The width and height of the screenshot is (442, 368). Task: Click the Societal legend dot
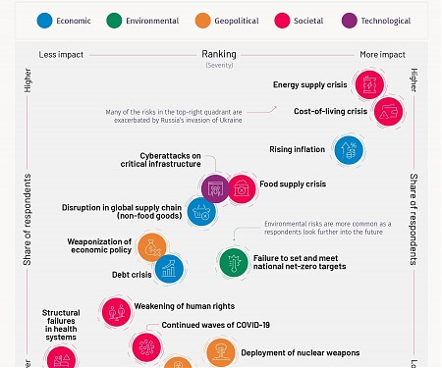pos(301,20)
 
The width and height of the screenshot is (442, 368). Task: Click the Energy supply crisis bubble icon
pos(369,85)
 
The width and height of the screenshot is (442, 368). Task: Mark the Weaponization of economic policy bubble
pos(151,247)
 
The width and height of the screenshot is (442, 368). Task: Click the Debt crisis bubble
pos(169,268)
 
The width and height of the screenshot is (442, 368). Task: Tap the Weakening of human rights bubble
pos(117,312)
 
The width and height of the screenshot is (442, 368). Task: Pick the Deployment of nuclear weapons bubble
pos(220,352)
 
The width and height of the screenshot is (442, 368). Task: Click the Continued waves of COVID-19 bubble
pos(147,345)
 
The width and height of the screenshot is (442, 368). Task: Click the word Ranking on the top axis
pos(218,54)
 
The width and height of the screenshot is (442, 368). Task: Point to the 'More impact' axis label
pos(383,55)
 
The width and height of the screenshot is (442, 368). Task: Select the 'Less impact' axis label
pos(60,55)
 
